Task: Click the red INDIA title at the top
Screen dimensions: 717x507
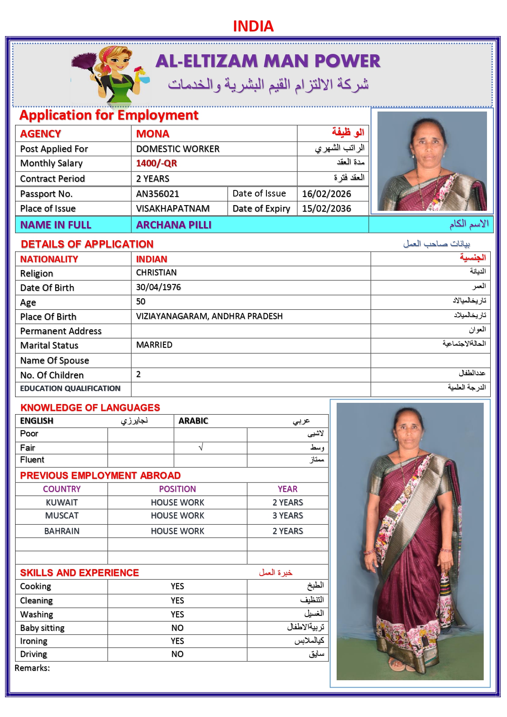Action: pos(253,27)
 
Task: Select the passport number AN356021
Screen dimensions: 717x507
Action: pos(158,194)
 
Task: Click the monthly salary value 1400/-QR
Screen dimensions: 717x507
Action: pos(156,163)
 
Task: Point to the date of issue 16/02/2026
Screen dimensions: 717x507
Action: pos(326,194)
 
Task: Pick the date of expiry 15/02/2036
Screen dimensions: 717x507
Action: pos(326,208)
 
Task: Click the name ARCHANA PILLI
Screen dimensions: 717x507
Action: pos(174,225)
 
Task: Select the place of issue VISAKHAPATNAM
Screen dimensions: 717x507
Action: pos(173,208)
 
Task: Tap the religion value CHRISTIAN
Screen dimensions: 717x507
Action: pos(156,273)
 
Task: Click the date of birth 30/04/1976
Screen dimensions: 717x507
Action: pos(159,287)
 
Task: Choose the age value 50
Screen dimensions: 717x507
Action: pos(141,302)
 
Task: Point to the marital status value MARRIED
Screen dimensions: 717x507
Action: pos(154,345)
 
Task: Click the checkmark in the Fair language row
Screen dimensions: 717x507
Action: pos(201,448)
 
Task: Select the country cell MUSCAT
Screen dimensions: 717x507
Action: pos(62,516)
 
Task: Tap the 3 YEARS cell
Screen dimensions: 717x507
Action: pos(288,516)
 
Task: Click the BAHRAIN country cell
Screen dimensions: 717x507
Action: pos(62,531)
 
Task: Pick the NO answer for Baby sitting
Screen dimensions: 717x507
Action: pos(177,628)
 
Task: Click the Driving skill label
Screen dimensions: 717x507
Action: pos(34,654)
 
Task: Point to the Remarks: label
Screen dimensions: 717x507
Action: pos(32,668)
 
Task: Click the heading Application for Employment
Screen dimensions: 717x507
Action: pos(109,115)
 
